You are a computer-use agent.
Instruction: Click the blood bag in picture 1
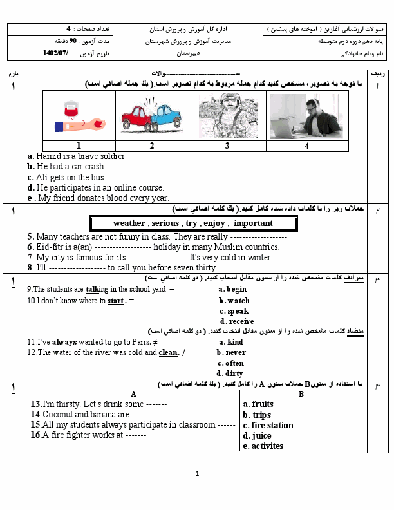tap(71, 109)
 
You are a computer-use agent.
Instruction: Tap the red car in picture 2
tap(136, 118)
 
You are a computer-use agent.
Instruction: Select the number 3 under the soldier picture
tap(227, 146)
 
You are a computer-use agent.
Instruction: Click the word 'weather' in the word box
tap(129, 223)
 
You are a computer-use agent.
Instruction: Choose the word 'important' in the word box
tap(253, 223)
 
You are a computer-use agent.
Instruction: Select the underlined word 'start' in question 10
tap(115, 301)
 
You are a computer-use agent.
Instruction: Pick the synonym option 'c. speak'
tap(234, 311)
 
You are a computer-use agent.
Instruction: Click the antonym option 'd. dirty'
tap(230, 373)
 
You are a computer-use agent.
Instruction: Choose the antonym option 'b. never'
tap(232, 352)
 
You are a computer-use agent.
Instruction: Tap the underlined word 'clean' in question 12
tap(168, 353)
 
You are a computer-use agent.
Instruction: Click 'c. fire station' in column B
tap(268, 426)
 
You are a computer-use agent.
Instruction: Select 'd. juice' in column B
tap(257, 436)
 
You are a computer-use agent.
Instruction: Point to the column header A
tap(133, 394)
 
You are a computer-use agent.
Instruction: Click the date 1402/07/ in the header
tap(55, 53)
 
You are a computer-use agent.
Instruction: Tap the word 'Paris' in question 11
tap(141, 342)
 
